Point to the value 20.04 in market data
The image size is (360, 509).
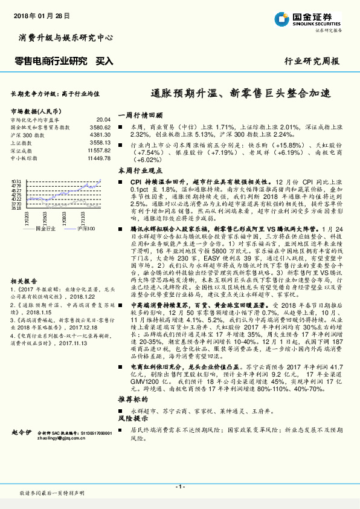(x=103, y=120)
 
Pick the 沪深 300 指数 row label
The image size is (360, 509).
(x=27, y=135)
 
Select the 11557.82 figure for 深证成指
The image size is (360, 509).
(x=98, y=149)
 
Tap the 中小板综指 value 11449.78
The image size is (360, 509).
(x=98, y=157)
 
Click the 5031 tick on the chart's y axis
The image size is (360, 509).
(x=16, y=180)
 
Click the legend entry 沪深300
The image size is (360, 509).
(x=87, y=229)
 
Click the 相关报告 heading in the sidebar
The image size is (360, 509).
(x=22, y=264)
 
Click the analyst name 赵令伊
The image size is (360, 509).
(x=22, y=433)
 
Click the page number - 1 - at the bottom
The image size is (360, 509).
(x=179, y=486)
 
